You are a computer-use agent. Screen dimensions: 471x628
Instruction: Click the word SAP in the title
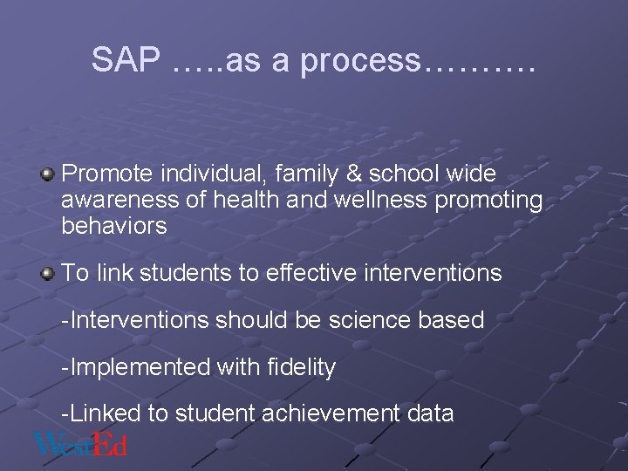[127, 60]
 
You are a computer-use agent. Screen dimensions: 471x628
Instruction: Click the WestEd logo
[80, 444]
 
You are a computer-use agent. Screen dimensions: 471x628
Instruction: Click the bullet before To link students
[48, 273]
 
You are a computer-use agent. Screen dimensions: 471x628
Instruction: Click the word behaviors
[113, 227]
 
